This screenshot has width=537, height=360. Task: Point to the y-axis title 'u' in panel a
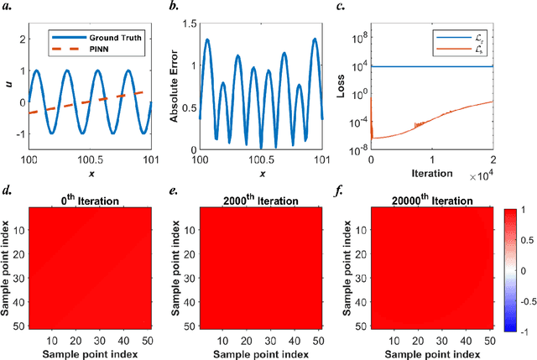[8, 83]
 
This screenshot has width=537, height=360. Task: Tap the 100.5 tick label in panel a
[91, 159]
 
